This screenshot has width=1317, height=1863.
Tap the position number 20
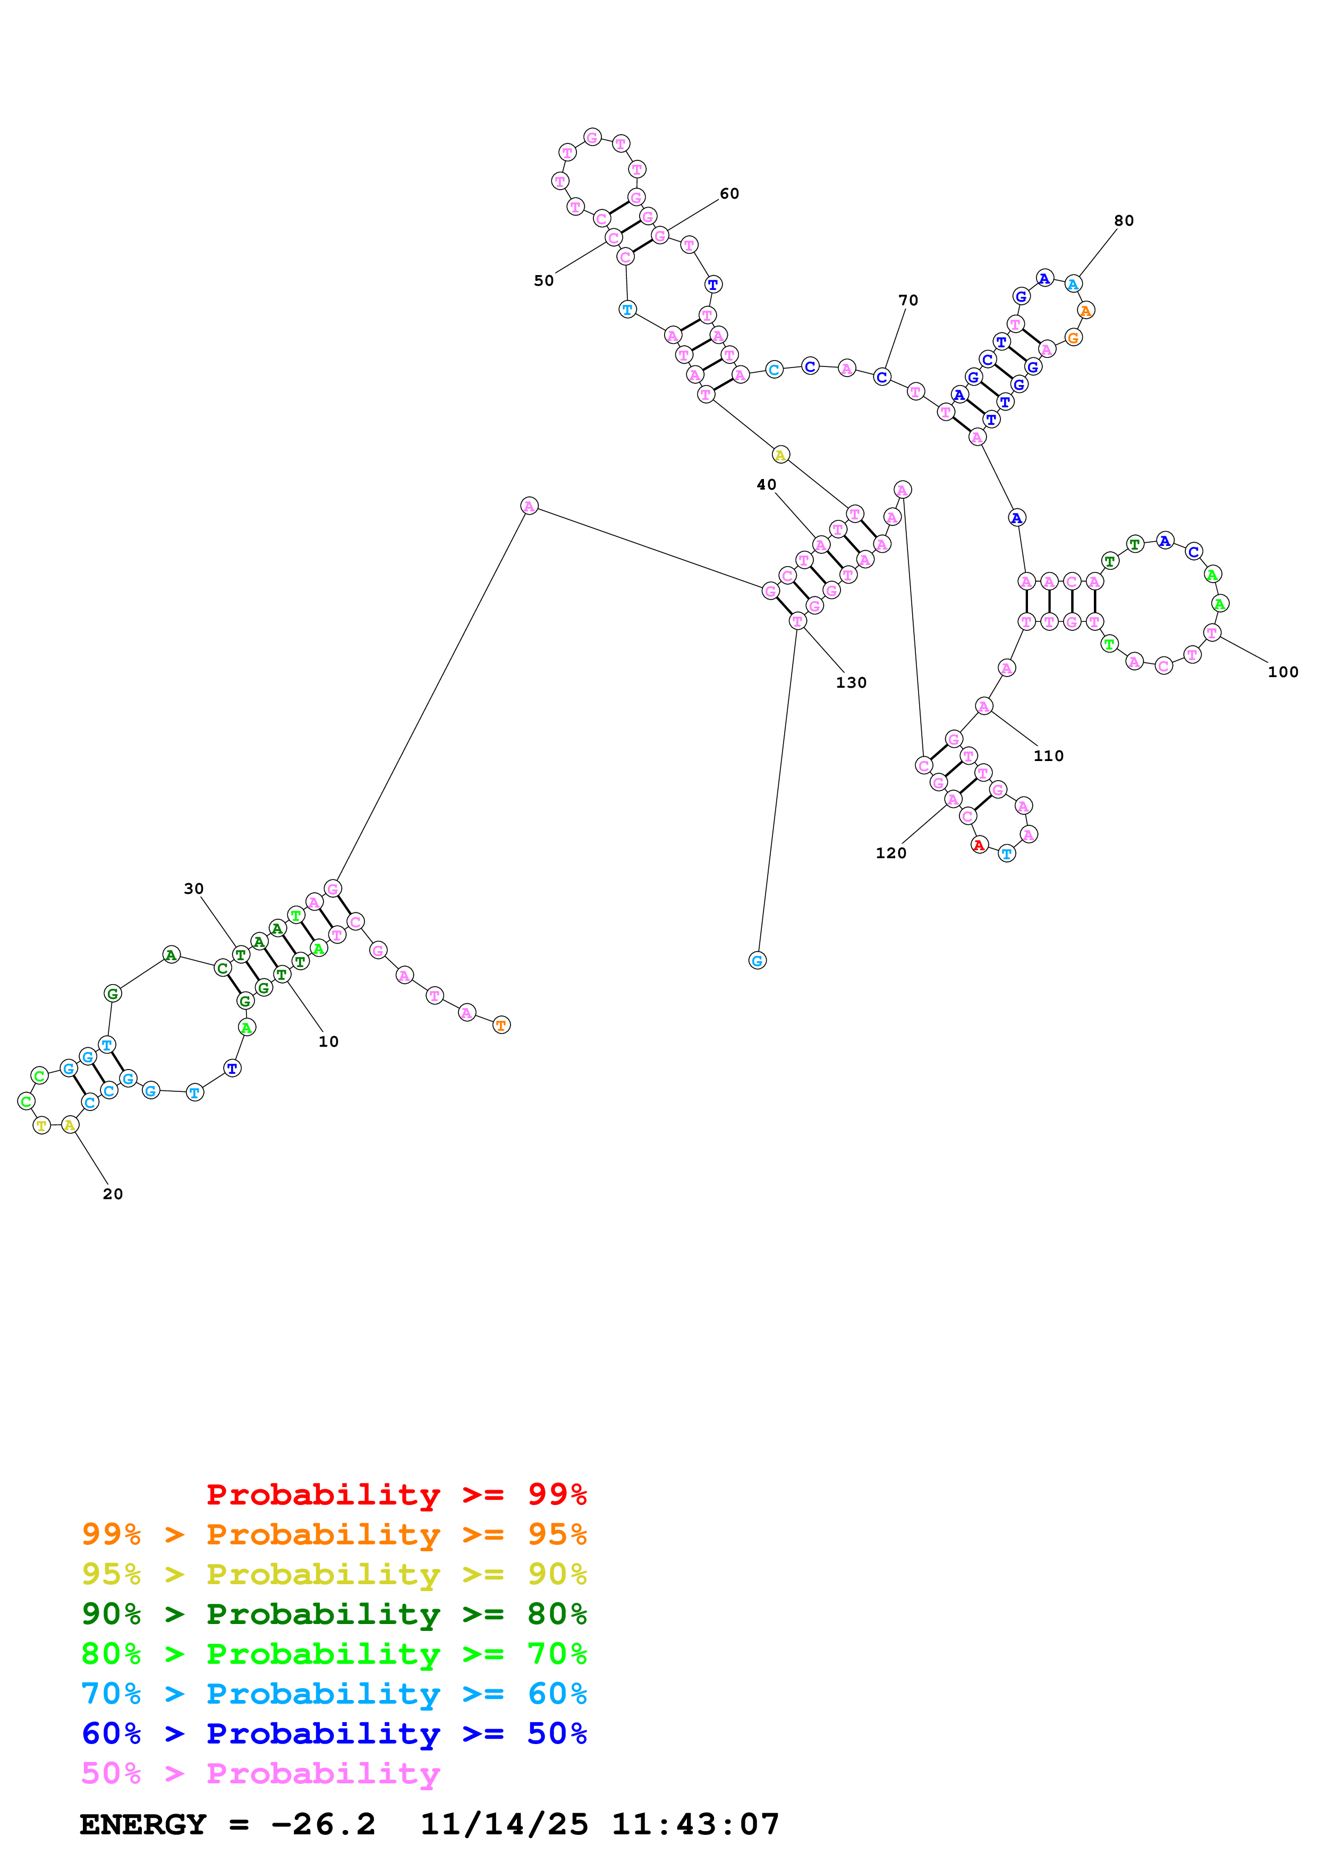[113, 1194]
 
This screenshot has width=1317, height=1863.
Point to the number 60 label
[729, 193]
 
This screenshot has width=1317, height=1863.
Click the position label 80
[1123, 221]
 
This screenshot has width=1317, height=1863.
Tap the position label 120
[890, 853]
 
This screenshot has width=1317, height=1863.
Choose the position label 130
[851, 682]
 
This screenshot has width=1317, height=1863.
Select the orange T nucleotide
[502, 1025]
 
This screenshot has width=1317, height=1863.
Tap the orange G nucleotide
[1073, 338]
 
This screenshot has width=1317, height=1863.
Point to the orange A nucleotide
[1086, 310]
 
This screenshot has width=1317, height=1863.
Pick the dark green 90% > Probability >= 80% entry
[334, 1614]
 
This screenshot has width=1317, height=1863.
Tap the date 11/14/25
[504, 1825]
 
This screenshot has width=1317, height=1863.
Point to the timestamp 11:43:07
[695, 1825]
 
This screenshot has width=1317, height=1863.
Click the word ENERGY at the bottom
[143, 1825]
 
